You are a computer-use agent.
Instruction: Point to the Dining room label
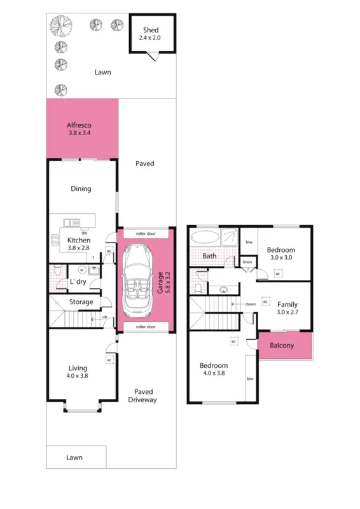point(81,188)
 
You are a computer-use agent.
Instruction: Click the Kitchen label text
point(79,240)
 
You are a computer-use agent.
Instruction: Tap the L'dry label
point(78,281)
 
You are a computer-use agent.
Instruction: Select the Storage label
point(81,302)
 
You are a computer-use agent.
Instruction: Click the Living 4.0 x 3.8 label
point(79,372)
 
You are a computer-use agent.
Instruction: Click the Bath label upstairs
point(209,256)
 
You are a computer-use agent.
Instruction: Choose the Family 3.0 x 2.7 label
point(287,309)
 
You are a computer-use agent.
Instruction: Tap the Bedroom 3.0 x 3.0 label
point(280,253)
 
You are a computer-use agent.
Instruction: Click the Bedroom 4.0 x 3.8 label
point(214,370)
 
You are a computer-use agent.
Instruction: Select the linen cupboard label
point(247,262)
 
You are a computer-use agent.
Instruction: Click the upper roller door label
point(146,234)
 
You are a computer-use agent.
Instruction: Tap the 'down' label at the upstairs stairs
point(251,304)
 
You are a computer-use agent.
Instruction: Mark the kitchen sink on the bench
point(70,223)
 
